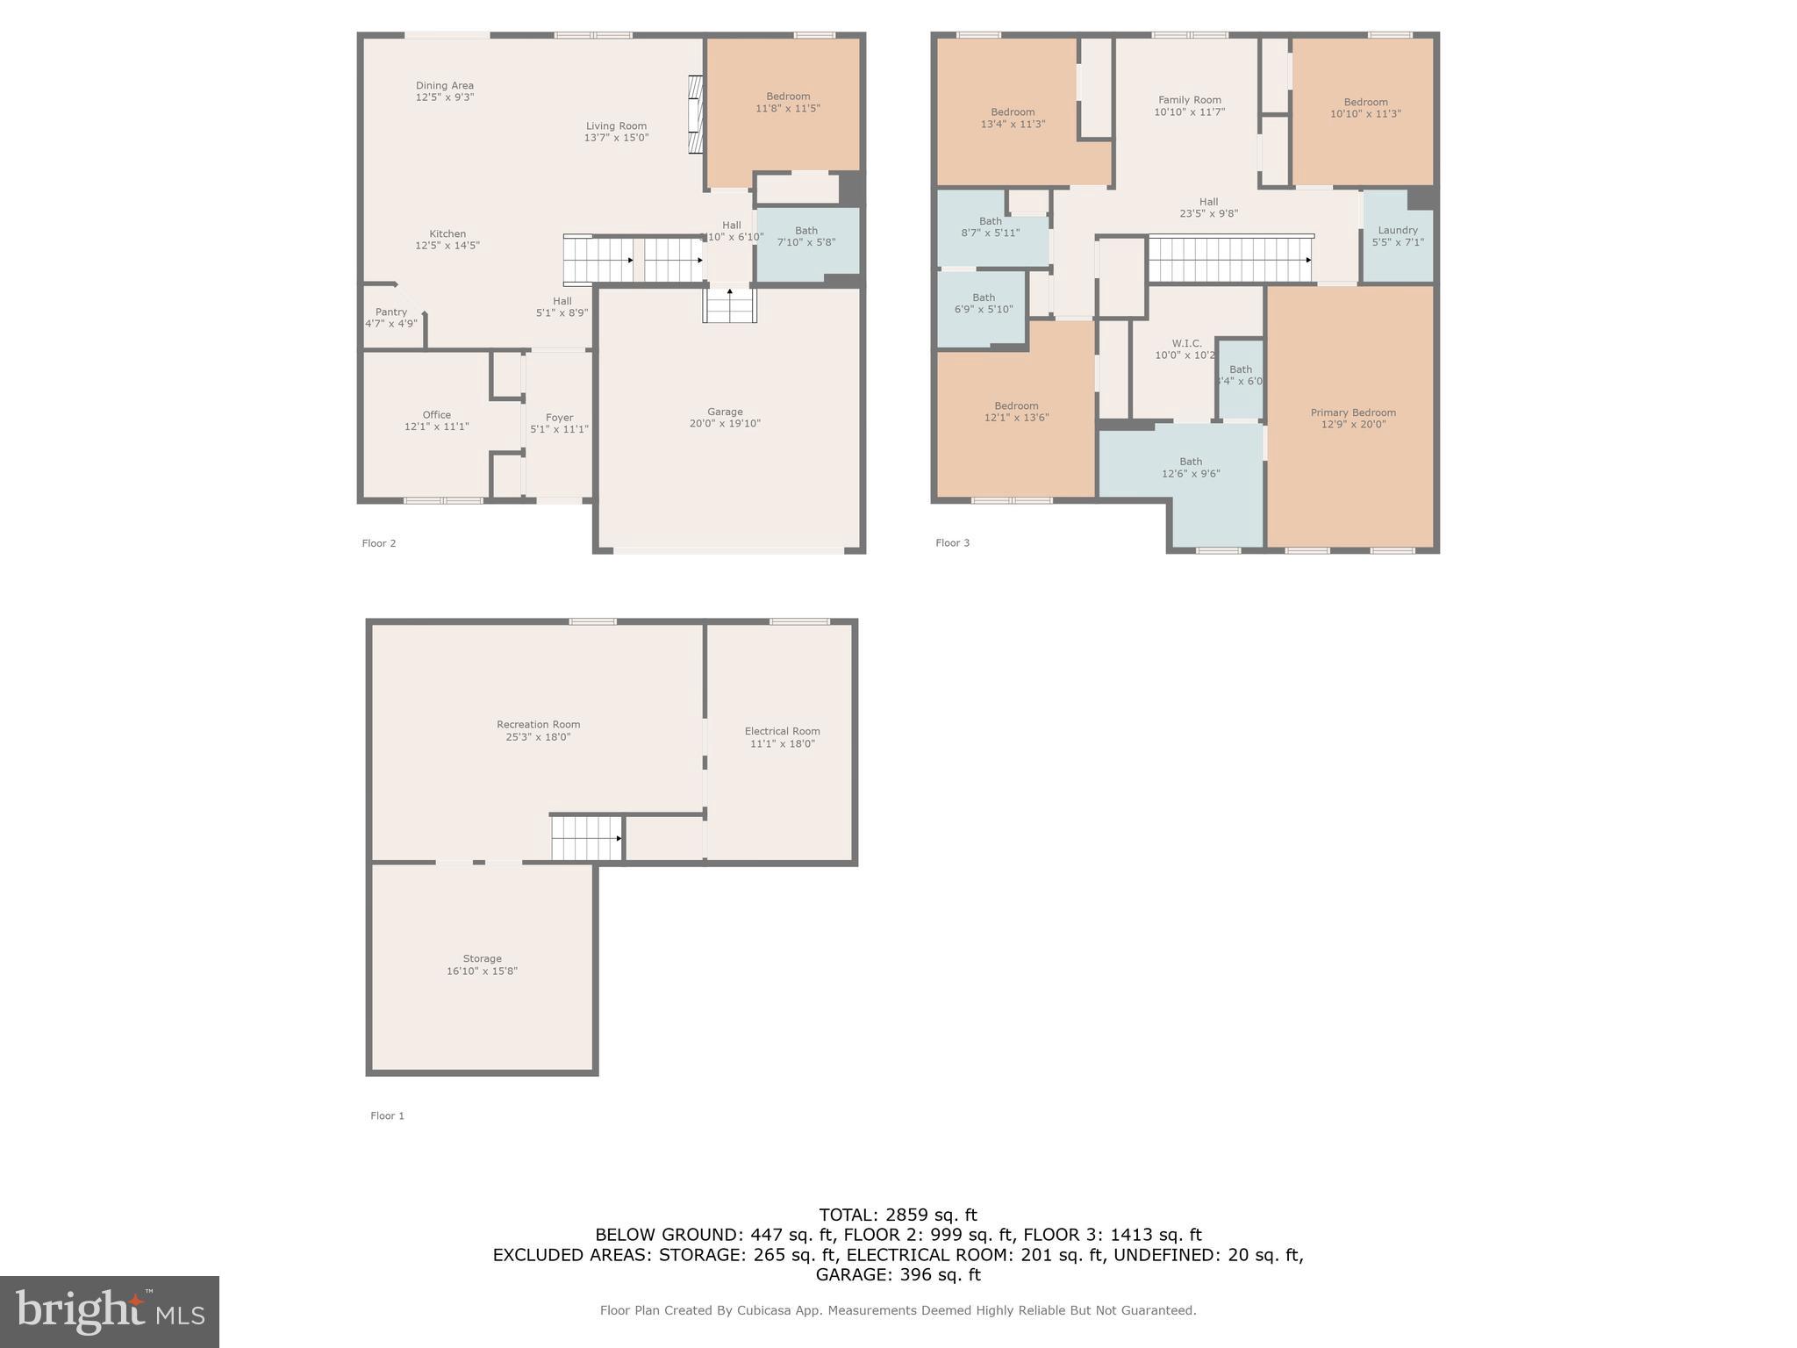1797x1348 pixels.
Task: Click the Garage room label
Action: (x=725, y=412)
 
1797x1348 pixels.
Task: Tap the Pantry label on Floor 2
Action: (x=391, y=312)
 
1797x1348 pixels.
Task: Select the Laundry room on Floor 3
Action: (x=1398, y=236)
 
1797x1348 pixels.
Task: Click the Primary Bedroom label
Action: (x=1353, y=412)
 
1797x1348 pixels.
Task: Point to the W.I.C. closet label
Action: (x=1186, y=344)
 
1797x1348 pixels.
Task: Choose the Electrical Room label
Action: (x=782, y=731)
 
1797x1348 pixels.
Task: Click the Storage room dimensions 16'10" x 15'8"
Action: (x=482, y=971)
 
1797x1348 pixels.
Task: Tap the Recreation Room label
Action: (x=538, y=725)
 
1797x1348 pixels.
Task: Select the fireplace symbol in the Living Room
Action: (x=696, y=115)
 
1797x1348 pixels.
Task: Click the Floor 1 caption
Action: (x=387, y=1115)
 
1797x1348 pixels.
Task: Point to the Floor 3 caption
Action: (x=952, y=542)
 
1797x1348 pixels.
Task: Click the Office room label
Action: (x=436, y=415)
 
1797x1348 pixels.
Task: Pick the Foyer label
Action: (x=559, y=418)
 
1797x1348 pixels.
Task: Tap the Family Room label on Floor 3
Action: (x=1189, y=100)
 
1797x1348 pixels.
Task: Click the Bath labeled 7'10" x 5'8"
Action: (x=805, y=236)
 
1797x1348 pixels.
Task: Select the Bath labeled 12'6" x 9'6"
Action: (x=1191, y=468)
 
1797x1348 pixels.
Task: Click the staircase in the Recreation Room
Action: (x=586, y=838)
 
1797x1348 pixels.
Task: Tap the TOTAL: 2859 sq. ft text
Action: (x=898, y=1215)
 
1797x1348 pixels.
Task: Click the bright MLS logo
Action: (x=110, y=1311)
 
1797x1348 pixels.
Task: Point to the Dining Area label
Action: (x=444, y=86)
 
